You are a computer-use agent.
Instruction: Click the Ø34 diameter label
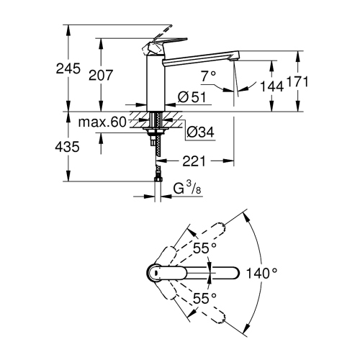(x=200, y=132)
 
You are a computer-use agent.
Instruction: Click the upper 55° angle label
(x=204, y=248)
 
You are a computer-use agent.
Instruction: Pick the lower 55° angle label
(x=204, y=297)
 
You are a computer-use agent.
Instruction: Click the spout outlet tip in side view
(x=234, y=59)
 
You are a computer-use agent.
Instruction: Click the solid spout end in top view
(x=232, y=272)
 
